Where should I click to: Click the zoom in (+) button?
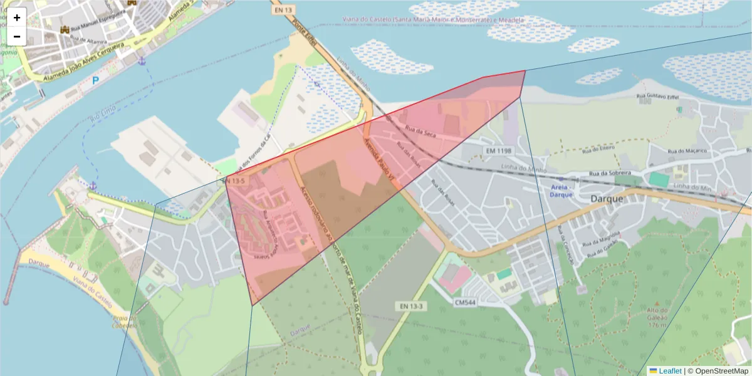(17, 18)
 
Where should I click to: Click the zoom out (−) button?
(17, 36)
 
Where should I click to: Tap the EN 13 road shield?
(283, 10)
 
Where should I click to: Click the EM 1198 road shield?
(499, 151)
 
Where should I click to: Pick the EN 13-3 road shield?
(411, 306)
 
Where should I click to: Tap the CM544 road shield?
(466, 302)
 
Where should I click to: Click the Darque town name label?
(607, 199)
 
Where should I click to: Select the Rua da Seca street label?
(420, 132)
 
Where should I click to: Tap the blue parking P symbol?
(96, 80)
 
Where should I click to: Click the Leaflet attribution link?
(670, 371)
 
